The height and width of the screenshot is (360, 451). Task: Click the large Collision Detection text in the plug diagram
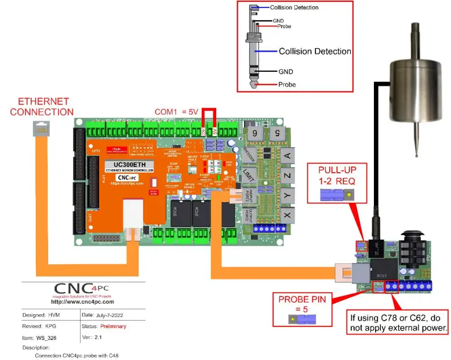point(315,52)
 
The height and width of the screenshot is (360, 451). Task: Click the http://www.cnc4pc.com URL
point(82,301)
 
